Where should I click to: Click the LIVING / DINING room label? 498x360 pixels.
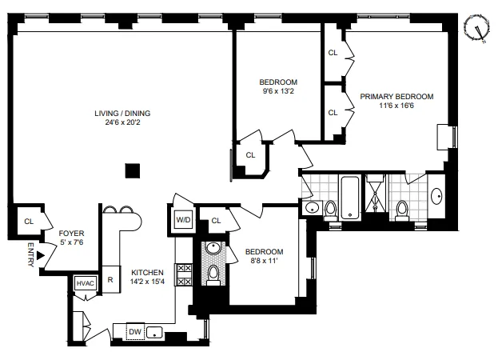click(122, 113)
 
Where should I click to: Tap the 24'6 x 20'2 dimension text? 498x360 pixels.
click(122, 122)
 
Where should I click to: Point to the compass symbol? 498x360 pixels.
click(480, 29)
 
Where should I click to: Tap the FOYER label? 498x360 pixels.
click(72, 233)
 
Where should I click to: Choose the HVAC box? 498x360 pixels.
click(85, 283)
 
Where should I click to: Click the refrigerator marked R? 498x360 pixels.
click(110, 280)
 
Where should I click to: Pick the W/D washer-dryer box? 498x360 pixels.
click(183, 220)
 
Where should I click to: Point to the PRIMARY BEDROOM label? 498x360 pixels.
click(396, 97)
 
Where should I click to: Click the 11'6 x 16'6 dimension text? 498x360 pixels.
click(396, 106)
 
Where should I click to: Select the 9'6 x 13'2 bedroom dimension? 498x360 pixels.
click(278, 92)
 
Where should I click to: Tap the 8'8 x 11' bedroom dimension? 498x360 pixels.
click(264, 262)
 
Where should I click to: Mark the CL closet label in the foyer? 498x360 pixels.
click(28, 221)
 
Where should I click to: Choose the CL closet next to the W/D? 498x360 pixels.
click(216, 221)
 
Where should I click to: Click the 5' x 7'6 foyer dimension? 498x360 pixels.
click(72, 242)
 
